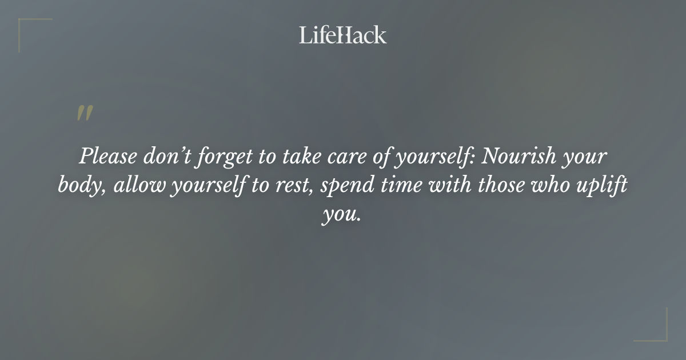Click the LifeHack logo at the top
click(x=343, y=35)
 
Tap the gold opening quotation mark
click(x=84, y=113)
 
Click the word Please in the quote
click(x=105, y=156)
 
